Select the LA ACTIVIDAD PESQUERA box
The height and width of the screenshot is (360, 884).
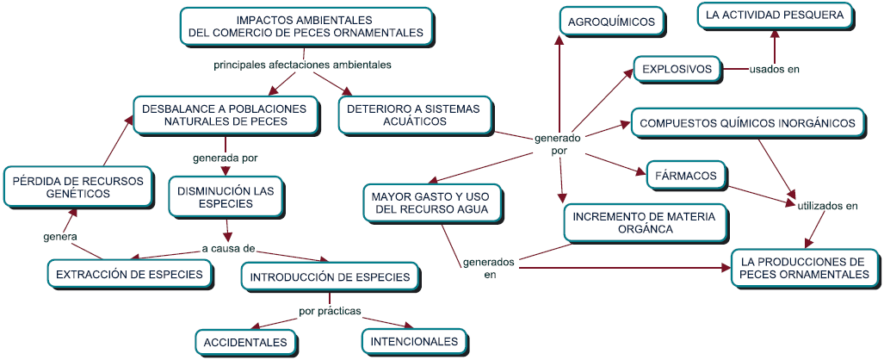click(776, 15)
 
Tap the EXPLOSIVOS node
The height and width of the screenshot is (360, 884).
click(677, 69)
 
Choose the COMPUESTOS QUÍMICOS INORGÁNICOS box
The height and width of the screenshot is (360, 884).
click(747, 123)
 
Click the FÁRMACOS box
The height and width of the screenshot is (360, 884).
click(685, 176)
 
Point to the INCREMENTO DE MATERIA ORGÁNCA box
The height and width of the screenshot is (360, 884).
click(644, 223)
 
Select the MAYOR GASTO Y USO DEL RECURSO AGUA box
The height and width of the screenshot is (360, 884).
click(430, 202)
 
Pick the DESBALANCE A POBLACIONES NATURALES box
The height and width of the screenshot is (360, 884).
click(225, 115)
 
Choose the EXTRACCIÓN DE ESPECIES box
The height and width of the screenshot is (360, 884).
click(129, 274)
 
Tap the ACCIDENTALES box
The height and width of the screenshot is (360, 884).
click(245, 342)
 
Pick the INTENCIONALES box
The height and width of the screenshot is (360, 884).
click(414, 341)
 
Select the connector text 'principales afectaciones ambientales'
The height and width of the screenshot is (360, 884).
click(302, 64)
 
